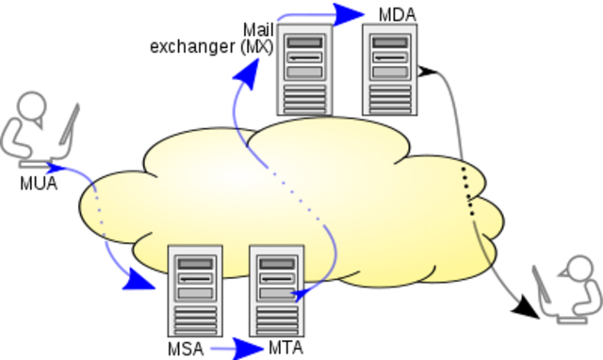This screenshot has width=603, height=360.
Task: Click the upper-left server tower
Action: pyautogui.click(x=303, y=69)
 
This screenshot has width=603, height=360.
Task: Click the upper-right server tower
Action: pyautogui.click(x=389, y=69)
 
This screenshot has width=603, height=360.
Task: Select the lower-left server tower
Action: pyautogui.click(x=194, y=290)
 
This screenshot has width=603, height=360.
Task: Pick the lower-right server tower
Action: pyautogui.click(x=276, y=290)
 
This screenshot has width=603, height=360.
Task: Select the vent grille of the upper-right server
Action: pyautogui.click(x=389, y=98)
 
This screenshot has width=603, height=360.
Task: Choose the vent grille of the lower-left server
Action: pyautogui.click(x=194, y=320)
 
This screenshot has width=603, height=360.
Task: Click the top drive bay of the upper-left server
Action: pyautogui.click(x=303, y=43)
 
